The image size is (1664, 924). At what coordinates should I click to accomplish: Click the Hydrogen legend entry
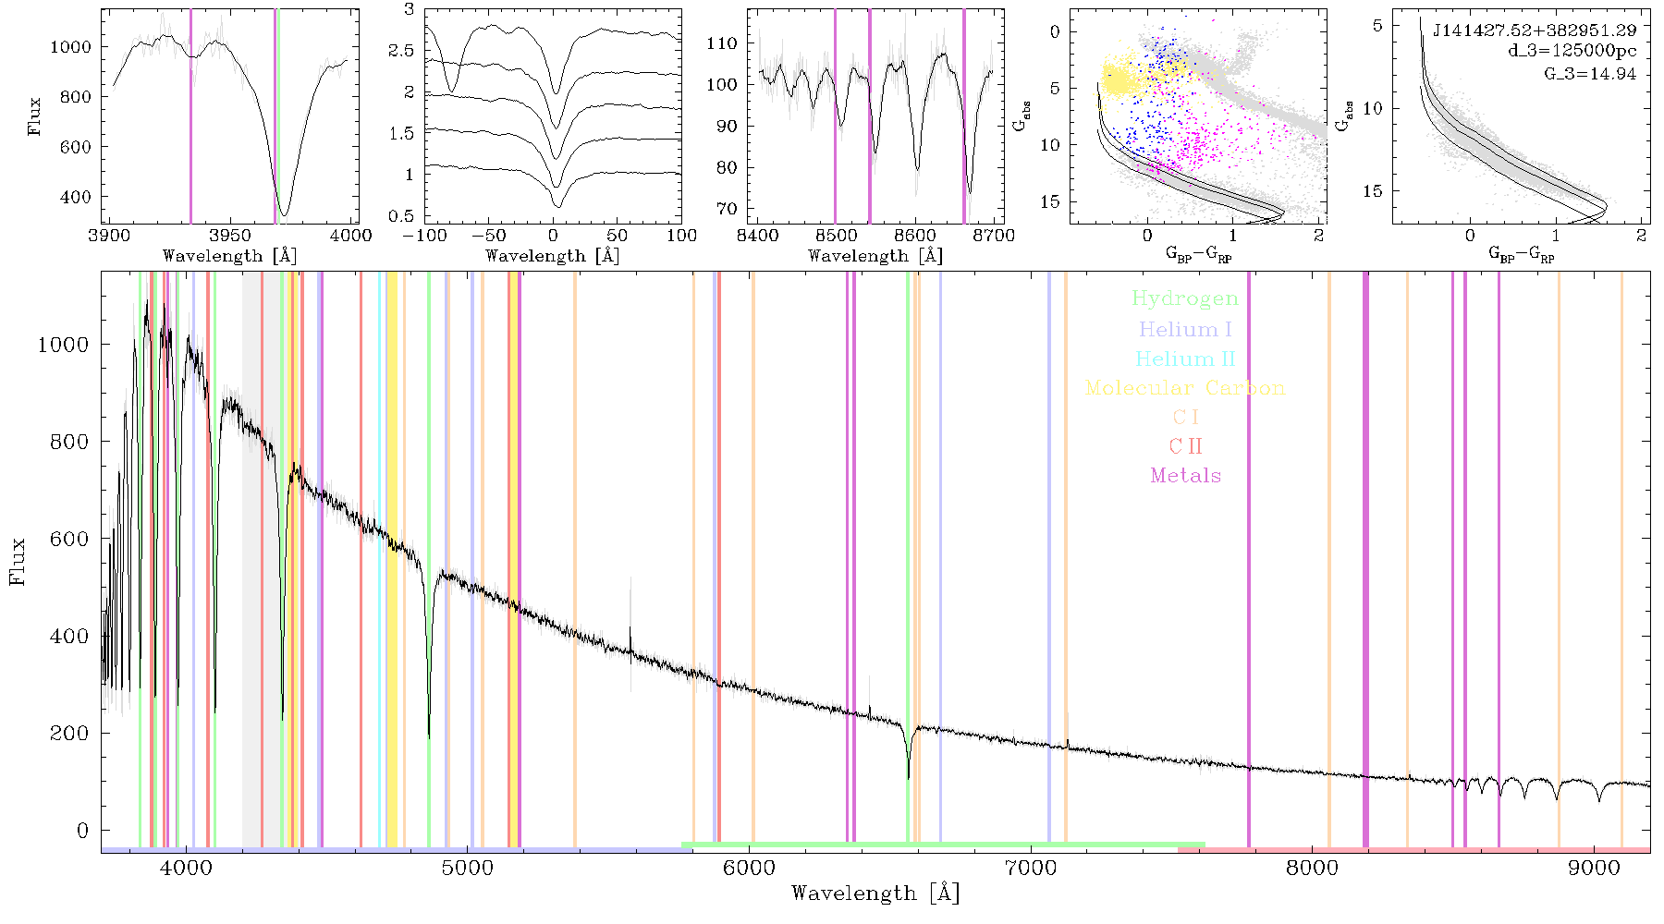pyautogui.click(x=1185, y=299)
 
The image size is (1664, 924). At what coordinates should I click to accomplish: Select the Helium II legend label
pyautogui.click(x=1185, y=359)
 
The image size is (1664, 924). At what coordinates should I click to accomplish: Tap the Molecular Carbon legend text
pyautogui.click(x=1185, y=388)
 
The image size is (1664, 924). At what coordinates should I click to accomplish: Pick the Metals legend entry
pyautogui.click(x=1185, y=476)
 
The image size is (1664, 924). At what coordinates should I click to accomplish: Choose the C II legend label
pyautogui.click(x=1185, y=446)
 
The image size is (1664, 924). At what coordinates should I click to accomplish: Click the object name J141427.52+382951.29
pyautogui.click(x=1535, y=30)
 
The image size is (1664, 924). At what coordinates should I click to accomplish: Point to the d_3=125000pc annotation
pyautogui.click(x=1572, y=51)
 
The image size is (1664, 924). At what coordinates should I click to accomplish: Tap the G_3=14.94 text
pyautogui.click(x=1590, y=73)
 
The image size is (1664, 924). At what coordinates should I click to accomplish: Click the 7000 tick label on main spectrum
pyautogui.click(x=1031, y=869)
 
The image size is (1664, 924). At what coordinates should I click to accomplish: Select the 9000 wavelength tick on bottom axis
pyautogui.click(x=1594, y=869)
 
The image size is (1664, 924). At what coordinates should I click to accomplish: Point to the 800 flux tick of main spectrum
pyautogui.click(x=69, y=442)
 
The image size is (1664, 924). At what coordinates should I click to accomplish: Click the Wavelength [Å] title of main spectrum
pyautogui.click(x=875, y=894)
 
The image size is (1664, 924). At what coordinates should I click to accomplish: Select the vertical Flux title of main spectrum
pyautogui.click(x=18, y=561)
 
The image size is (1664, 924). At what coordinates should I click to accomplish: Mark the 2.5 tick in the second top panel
pyautogui.click(x=402, y=51)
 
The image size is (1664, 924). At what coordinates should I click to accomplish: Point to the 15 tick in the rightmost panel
pyautogui.click(x=1373, y=191)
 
